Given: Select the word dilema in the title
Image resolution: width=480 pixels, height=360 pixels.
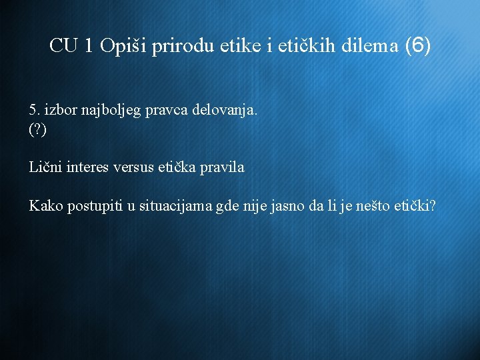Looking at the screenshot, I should point(370,46).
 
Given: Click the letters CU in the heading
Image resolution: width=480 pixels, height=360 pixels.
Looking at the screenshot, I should point(64,46).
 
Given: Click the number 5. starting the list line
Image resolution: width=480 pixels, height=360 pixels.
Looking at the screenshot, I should point(34,109).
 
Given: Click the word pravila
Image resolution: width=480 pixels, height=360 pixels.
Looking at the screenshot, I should point(220,167).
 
